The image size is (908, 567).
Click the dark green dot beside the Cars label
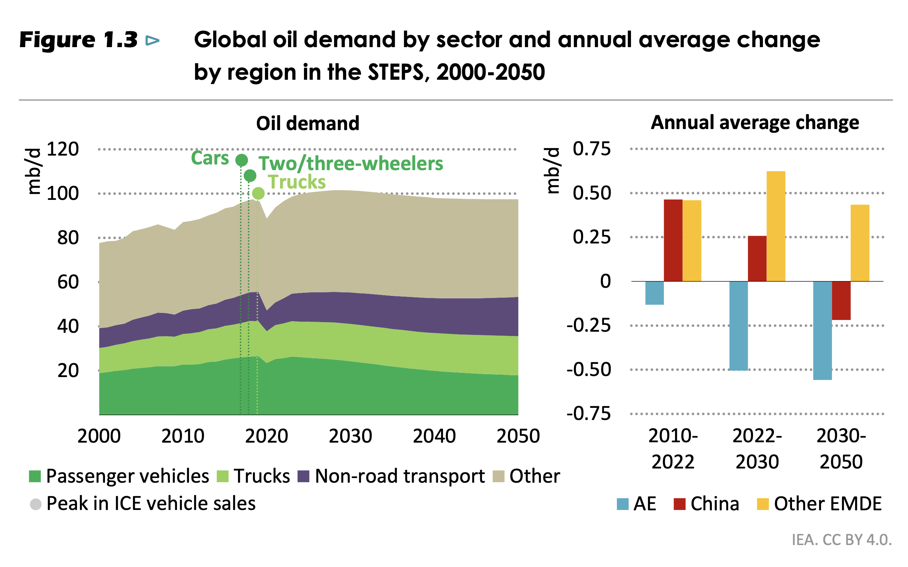[241, 160]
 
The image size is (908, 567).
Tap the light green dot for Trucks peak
[258, 193]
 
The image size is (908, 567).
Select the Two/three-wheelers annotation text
[350, 163]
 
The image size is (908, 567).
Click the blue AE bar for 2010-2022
[654, 293]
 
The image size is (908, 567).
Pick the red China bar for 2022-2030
[757, 258]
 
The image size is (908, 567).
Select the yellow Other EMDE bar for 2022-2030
[776, 226]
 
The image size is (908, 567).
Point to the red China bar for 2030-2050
[841, 301]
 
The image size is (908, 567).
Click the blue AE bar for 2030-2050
[822, 330]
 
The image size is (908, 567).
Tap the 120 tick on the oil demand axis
[63, 149]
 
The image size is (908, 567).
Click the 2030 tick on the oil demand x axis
[350, 436]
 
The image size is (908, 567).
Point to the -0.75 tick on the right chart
[588, 414]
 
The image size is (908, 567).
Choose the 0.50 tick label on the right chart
[592, 193]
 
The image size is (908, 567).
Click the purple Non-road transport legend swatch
[303, 476]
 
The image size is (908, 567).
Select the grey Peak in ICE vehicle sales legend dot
[35, 504]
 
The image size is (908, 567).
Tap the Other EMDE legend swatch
[763, 504]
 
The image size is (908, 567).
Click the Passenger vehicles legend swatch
[34, 476]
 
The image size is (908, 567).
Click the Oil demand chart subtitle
[308, 123]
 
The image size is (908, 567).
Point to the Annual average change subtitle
[755, 123]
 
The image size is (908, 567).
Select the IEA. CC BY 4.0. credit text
[841, 540]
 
